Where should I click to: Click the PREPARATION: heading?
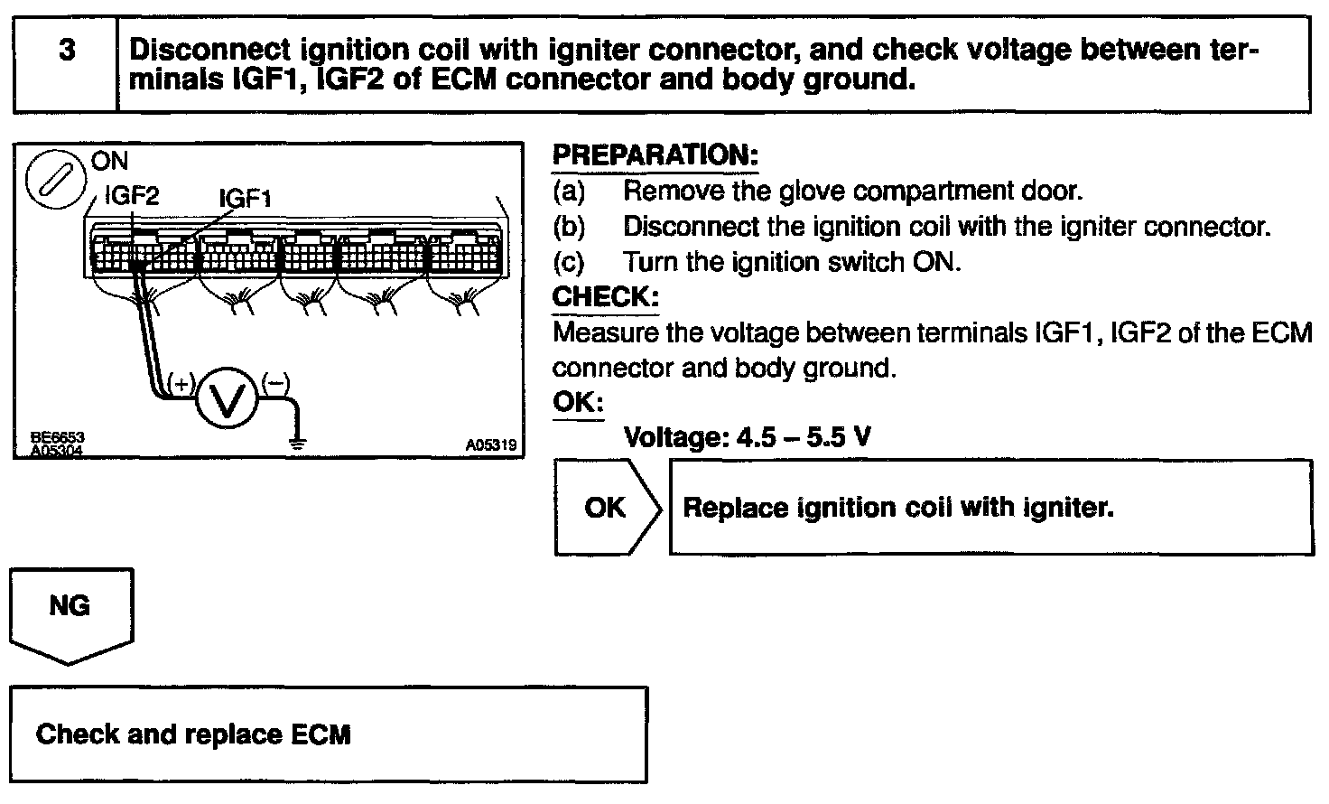click(655, 155)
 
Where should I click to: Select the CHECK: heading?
click(605, 297)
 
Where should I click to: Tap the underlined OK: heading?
click(578, 402)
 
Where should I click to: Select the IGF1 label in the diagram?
click(245, 198)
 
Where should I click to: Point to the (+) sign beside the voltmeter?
click(181, 385)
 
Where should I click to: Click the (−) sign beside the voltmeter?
click(274, 385)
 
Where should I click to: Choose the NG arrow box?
click(70, 611)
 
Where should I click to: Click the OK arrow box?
click(606, 507)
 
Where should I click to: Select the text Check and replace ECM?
click(193, 734)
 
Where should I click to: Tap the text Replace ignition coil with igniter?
click(898, 508)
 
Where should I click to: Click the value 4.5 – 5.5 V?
click(804, 438)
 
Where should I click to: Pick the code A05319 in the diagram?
click(491, 445)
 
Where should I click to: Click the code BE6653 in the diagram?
click(53, 438)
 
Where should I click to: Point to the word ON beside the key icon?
click(110, 162)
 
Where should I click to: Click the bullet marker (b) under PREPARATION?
click(570, 227)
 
